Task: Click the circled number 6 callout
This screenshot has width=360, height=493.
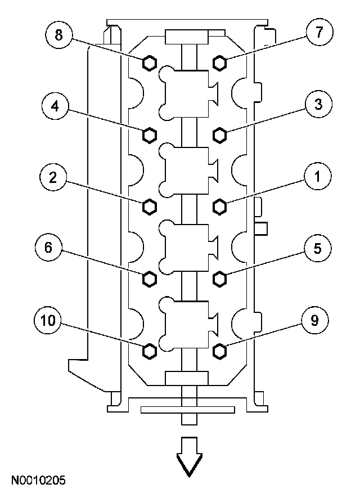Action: (49, 248)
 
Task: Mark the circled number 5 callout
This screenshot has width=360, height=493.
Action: (317, 247)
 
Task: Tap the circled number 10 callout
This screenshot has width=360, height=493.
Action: (49, 321)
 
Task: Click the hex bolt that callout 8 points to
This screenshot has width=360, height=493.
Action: (149, 62)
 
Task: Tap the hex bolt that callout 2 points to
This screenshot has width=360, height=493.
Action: (149, 207)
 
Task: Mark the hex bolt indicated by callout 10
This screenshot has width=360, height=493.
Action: (149, 351)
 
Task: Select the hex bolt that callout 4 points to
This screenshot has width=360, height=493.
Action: (149, 135)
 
